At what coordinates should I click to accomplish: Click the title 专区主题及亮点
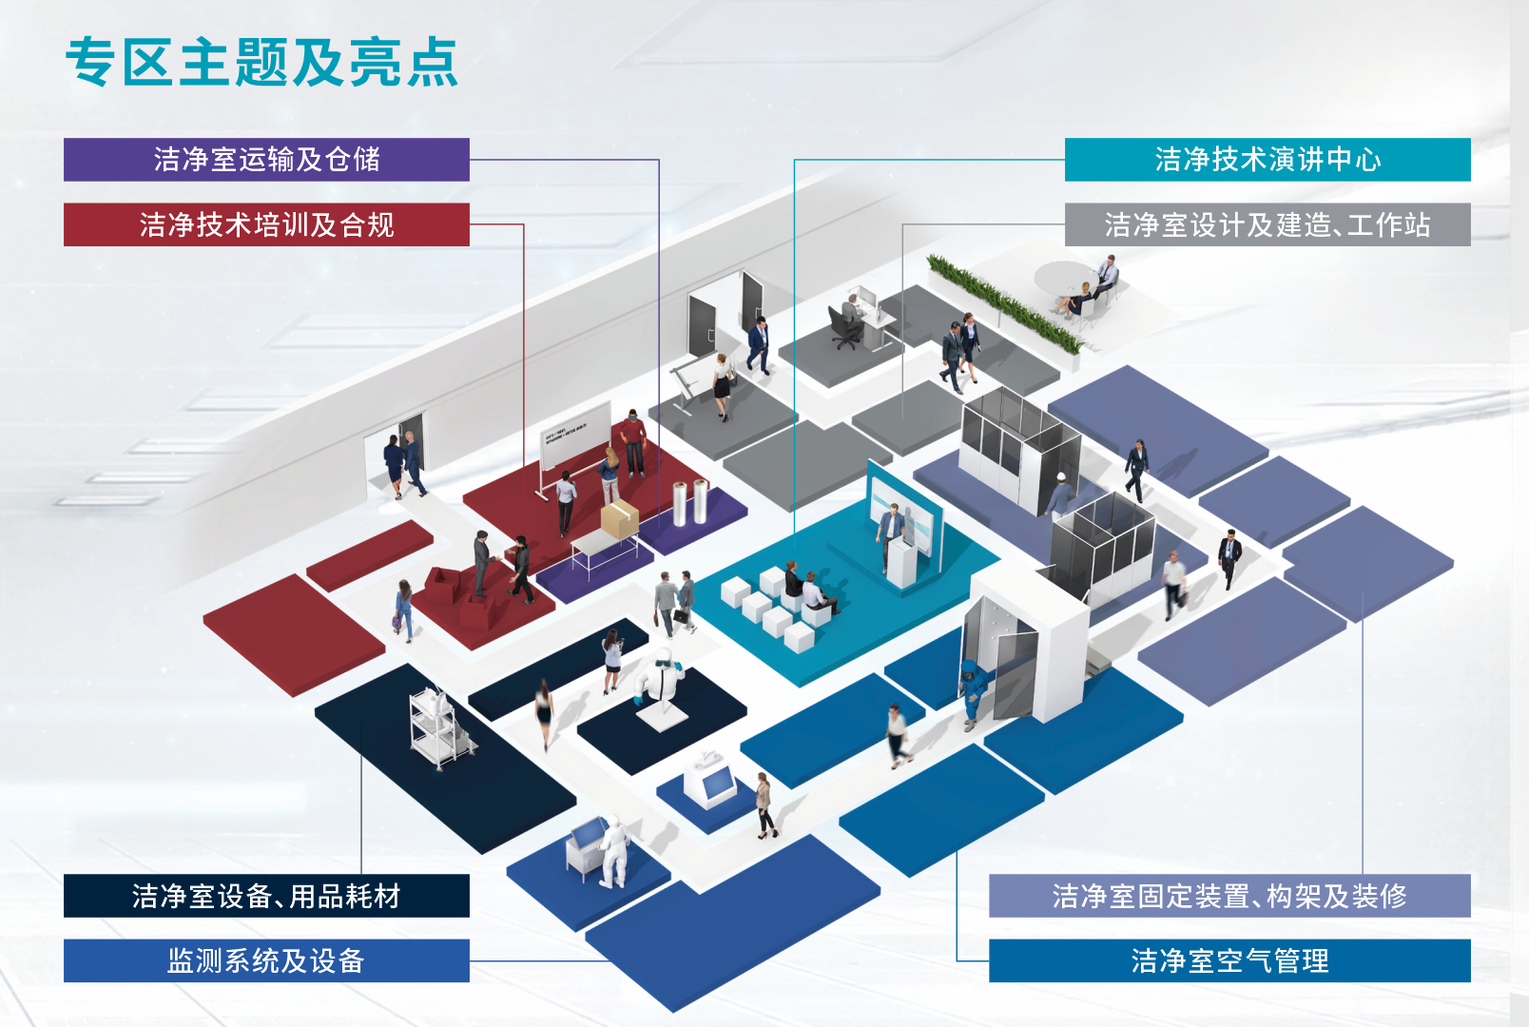(261, 63)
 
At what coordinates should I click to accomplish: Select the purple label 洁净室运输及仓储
(266, 160)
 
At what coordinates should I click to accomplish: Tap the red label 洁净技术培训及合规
(266, 224)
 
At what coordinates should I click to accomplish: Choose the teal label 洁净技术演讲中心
(1268, 160)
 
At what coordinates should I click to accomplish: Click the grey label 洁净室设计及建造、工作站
(1268, 224)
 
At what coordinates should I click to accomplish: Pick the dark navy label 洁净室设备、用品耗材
(266, 896)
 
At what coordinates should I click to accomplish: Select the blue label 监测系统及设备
(266, 960)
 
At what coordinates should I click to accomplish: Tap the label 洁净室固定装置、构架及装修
(1229, 896)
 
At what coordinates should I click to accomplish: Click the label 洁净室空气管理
(1229, 960)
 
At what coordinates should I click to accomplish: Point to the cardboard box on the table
(619, 519)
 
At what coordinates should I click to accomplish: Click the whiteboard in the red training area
(575, 436)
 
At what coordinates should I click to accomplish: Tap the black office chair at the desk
(844, 325)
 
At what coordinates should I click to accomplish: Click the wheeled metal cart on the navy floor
(437, 727)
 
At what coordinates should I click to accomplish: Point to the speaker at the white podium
(890, 533)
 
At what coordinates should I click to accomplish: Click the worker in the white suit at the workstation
(613, 851)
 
